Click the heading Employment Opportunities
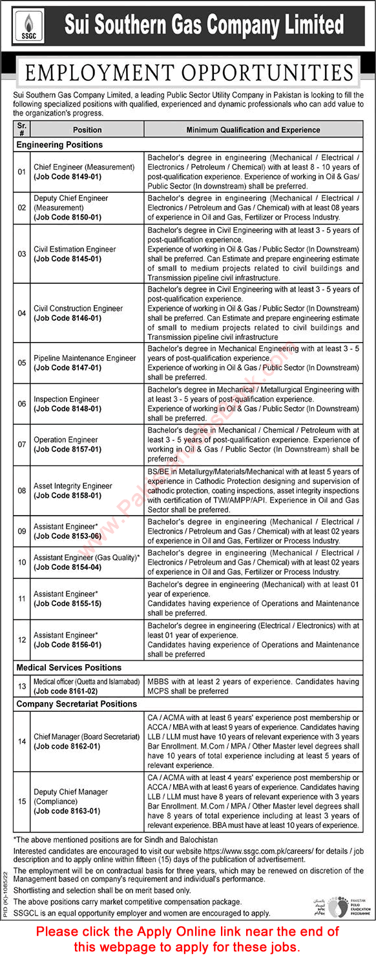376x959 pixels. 188,72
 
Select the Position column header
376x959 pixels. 87,130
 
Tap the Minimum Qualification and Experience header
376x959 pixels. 253,130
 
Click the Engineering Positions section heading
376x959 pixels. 59,145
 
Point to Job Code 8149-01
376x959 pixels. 67,176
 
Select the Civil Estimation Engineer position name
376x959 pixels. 75,249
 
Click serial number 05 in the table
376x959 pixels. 22,363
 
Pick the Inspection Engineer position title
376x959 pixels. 67,399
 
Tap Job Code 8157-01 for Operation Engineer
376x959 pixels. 67,449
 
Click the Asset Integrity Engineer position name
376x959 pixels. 73,486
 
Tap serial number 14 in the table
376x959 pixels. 22,742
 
